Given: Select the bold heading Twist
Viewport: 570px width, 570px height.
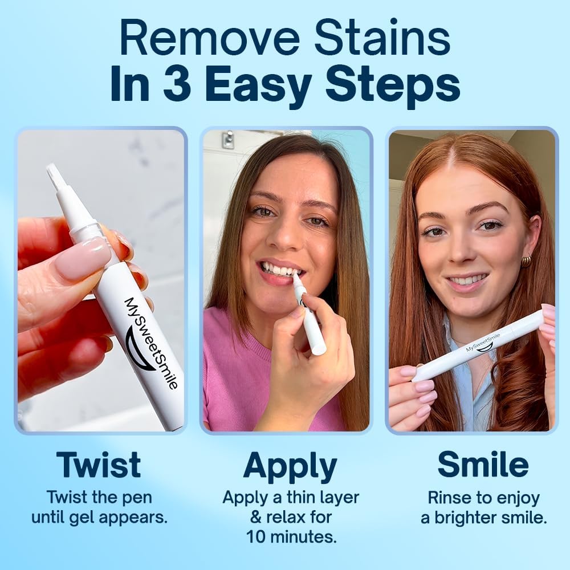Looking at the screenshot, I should [99, 465].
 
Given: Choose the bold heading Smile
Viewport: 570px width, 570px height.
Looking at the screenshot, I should [483, 465].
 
